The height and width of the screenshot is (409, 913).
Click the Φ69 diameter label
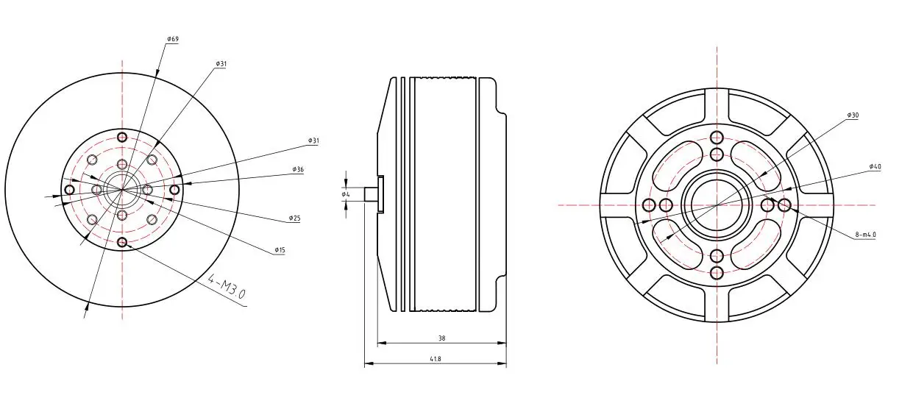pos(173,39)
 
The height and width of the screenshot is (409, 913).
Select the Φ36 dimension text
pos(298,169)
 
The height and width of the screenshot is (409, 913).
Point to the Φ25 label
pos(294,218)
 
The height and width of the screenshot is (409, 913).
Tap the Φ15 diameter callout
pos(280,250)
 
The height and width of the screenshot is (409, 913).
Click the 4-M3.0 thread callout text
pos(227,286)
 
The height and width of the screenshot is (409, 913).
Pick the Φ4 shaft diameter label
pos(346,194)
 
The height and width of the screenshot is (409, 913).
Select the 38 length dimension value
pos(442,338)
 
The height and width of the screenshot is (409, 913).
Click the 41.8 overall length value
pos(436,359)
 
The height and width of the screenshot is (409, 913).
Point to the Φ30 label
pos(853,115)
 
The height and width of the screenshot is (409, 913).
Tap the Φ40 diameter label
pos(875,166)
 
